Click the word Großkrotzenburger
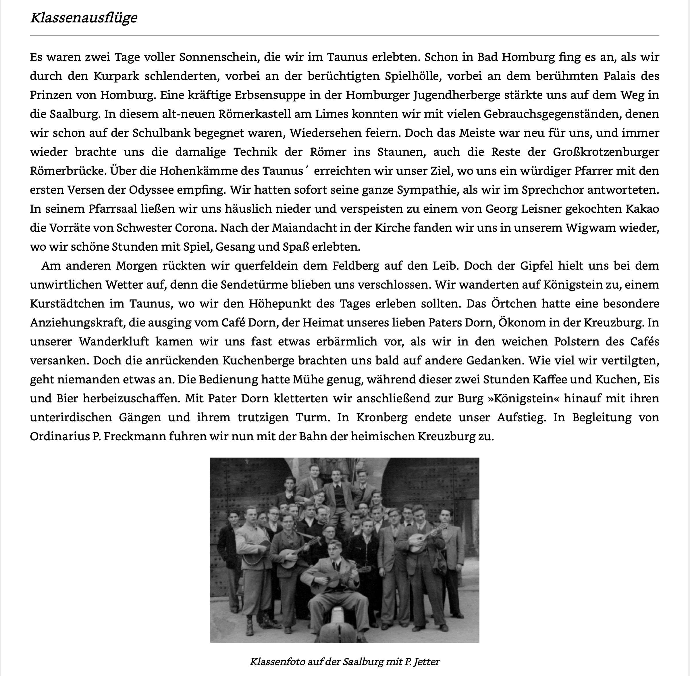point(606,152)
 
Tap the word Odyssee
point(151,190)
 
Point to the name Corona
point(194,228)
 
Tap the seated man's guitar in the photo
point(328,579)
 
